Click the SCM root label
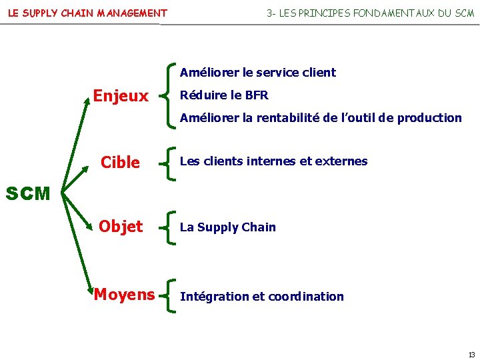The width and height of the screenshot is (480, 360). pyautogui.click(x=27, y=194)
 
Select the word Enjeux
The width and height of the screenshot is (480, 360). pyautogui.click(x=121, y=97)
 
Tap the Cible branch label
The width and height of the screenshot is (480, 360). pyautogui.click(x=120, y=163)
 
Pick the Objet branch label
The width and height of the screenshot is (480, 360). pyautogui.click(x=121, y=227)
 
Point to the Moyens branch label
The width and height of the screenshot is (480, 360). pyautogui.click(x=125, y=294)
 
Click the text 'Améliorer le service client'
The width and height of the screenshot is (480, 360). pyautogui.click(x=258, y=73)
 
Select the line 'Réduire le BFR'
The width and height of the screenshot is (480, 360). pyautogui.click(x=224, y=95)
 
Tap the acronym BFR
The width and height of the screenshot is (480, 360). pyautogui.click(x=257, y=95)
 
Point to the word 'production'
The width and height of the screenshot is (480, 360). pyautogui.click(x=429, y=118)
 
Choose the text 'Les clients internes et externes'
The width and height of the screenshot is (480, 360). pyautogui.click(x=273, y=161)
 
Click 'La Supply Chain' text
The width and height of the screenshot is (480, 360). pyautogui.click(x=227, y=227)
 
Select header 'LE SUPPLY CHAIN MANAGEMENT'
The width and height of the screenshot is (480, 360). pyautogui.click(x=87, y=13)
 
